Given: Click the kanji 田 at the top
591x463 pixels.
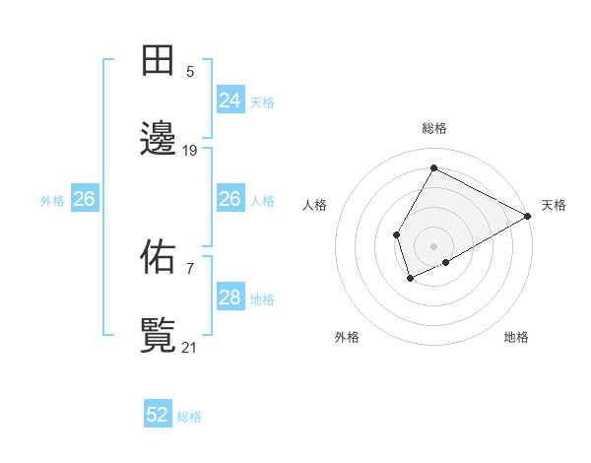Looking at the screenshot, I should click(159, 62).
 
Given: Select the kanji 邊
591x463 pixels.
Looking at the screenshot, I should click(159, 140).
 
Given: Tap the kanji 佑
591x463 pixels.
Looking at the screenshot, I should click(159, 257).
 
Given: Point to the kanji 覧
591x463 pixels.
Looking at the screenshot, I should click(159, 335).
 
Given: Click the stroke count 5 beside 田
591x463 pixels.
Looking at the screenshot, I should click(190, 71).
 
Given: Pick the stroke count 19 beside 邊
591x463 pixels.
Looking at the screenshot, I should click(190, 150).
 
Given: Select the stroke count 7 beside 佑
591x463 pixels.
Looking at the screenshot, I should click(190, 267).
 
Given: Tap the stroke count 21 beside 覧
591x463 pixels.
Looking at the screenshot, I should click(190, 346).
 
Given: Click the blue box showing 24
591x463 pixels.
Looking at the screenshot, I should click(230, 100).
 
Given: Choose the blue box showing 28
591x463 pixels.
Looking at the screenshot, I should click(230, 298).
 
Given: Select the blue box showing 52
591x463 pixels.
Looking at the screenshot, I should click(158, 415).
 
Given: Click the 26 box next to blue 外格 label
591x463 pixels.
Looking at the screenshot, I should click(84, 199).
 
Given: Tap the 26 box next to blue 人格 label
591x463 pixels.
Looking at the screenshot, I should click(230, 199).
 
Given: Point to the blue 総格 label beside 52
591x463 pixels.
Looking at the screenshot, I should click(189, 417).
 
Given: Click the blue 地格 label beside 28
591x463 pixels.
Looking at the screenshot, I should click(262, 298).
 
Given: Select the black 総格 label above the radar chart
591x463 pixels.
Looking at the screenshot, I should click(433, 128).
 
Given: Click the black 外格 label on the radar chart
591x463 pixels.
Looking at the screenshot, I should click(347, 337).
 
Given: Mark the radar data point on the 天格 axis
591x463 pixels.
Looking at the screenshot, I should click(528, 217).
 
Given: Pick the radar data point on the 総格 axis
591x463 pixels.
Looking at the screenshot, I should click(433, 167).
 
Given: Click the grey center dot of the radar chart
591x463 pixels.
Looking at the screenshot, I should click(433, 245).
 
